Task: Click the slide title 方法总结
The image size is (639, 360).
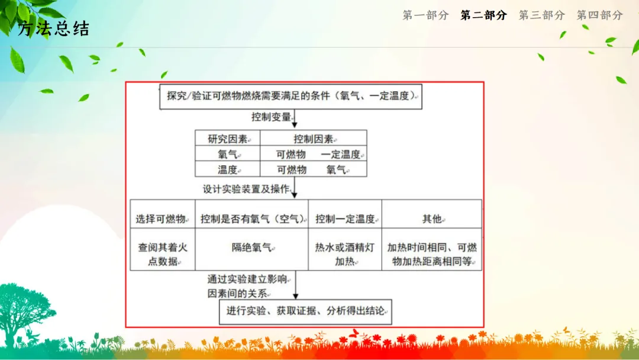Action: tap(53, 28)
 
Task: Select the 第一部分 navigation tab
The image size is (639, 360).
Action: tap(425, 15)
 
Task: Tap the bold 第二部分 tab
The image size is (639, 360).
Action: tap(484, 15)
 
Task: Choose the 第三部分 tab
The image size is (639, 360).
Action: tap(541, 15)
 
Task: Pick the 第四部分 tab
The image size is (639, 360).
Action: tap(599, 15)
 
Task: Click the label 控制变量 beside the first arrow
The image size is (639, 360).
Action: tap(271, 117)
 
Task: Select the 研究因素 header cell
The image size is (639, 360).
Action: tap(228, 138)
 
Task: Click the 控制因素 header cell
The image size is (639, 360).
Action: tap(314, 138)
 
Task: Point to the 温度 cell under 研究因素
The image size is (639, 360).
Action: tap(228, 169)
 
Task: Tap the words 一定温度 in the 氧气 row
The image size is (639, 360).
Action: tap(341, 155)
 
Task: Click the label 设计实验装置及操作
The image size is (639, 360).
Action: tap(246, 189)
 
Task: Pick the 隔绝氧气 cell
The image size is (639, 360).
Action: tap(252, 249)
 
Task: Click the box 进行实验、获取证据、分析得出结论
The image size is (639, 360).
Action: tap(305, 312)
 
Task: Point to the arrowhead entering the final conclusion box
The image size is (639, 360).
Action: tap(295, 297)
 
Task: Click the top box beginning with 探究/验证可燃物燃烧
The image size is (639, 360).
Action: tap(291, 97)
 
